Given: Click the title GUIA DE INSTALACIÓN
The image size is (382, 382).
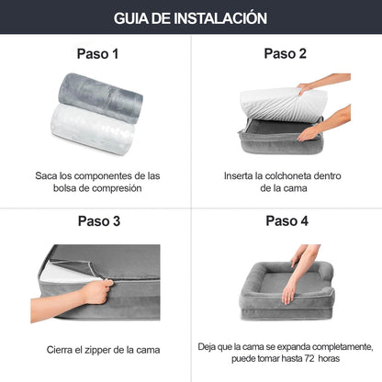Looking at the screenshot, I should point(191,17).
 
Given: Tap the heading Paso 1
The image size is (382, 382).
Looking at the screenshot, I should point(96,54).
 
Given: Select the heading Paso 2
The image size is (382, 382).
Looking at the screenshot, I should point(286,53).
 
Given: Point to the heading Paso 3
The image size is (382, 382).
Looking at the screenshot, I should point(96,220).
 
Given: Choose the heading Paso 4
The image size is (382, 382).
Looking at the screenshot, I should point(286,220).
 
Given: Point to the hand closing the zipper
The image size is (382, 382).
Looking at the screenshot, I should point(92,293).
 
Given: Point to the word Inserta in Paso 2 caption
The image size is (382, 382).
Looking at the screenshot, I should point(242,174).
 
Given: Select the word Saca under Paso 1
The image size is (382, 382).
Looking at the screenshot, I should point(47,174).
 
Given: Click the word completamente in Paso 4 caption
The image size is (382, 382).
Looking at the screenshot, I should point(336,345).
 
